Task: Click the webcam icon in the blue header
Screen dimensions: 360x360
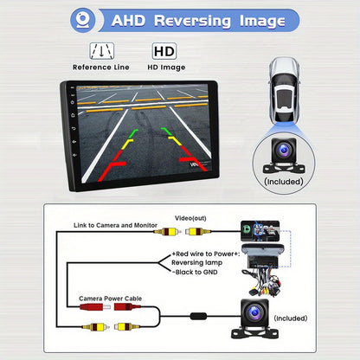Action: point(83,20)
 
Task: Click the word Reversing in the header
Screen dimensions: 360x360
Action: point(192,21)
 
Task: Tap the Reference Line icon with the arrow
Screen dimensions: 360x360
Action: point(102,51)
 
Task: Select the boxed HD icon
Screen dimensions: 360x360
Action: point(164,51)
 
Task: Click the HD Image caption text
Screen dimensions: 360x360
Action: point(166,67)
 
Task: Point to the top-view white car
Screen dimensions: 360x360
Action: point(284,89)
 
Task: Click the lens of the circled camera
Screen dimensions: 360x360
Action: point(284,150)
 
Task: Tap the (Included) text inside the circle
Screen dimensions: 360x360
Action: point(284,182)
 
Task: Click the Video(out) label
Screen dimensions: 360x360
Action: point(190,218)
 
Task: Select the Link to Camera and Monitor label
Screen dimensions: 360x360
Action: point(115,225)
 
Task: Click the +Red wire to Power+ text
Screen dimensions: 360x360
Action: point(206,254)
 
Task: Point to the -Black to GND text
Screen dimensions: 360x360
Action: point(195,272)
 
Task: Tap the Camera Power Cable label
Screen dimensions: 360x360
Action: point(111,299)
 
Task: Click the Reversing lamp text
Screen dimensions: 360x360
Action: point(196,263)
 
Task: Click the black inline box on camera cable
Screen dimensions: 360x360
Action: point(198,316)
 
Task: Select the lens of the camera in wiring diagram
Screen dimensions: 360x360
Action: point(254,312)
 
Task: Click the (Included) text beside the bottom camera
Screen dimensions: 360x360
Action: point(291,318)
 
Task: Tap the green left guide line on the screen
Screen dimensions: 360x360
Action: point(133,133)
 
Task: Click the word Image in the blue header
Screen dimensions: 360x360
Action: point(262,22)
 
